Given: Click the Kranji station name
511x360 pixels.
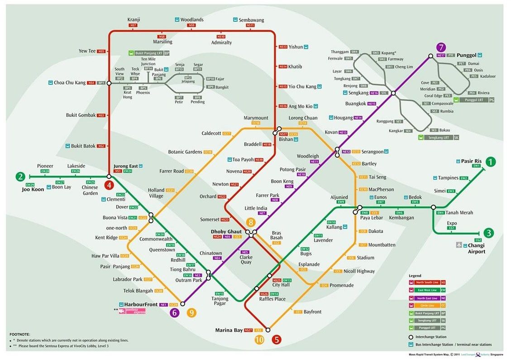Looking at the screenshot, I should click(133, 19).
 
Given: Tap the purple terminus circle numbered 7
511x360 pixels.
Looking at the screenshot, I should click(441, 47).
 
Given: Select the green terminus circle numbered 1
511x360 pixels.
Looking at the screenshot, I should click(490, 162).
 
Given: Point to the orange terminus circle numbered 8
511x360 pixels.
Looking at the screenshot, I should click(250, 222).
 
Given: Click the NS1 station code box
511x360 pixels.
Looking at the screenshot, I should click(118, 171).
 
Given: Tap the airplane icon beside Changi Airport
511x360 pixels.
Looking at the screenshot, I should click(459, 245).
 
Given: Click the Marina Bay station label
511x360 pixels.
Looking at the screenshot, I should click(229, 330).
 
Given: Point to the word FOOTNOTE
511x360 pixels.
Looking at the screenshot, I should click(19, 335).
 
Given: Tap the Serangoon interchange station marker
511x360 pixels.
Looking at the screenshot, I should click(337, 152).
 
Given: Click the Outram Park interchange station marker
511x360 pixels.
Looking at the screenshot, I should click(209, 274).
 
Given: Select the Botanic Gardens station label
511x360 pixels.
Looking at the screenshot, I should click(185, 152).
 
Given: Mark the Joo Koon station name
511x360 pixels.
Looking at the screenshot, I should click(33, 189).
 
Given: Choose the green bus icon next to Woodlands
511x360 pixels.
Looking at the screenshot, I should click(177, 20).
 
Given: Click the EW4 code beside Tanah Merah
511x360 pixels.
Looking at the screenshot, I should click(440, 212).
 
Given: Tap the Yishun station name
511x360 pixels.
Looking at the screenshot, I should click(296, 47).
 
